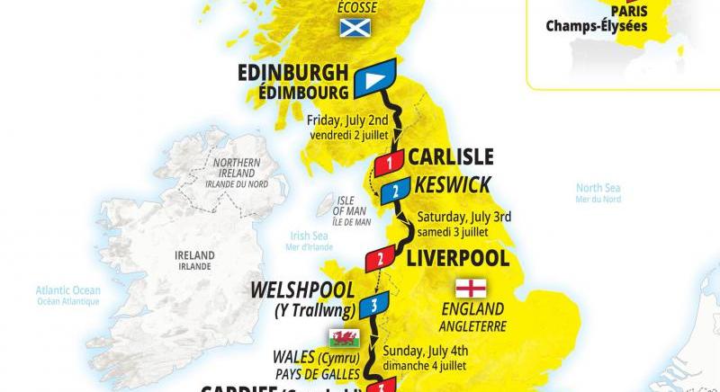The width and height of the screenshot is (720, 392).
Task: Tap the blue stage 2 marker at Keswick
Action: click(x=396, y=191)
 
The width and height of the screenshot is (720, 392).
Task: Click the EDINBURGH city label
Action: click(x=293, y=72)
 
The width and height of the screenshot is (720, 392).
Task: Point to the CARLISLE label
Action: click(x=451, y=157)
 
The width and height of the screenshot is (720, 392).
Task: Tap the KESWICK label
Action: click(x=454, y=185)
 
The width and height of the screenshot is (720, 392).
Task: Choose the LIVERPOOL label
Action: click(x=458, y=259)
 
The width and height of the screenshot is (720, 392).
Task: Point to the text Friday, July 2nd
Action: click(x=347, y=119)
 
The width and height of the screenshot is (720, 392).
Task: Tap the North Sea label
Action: click(x=598, y=188)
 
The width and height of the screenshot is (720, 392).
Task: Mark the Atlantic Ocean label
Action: click(x=68, y=290)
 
